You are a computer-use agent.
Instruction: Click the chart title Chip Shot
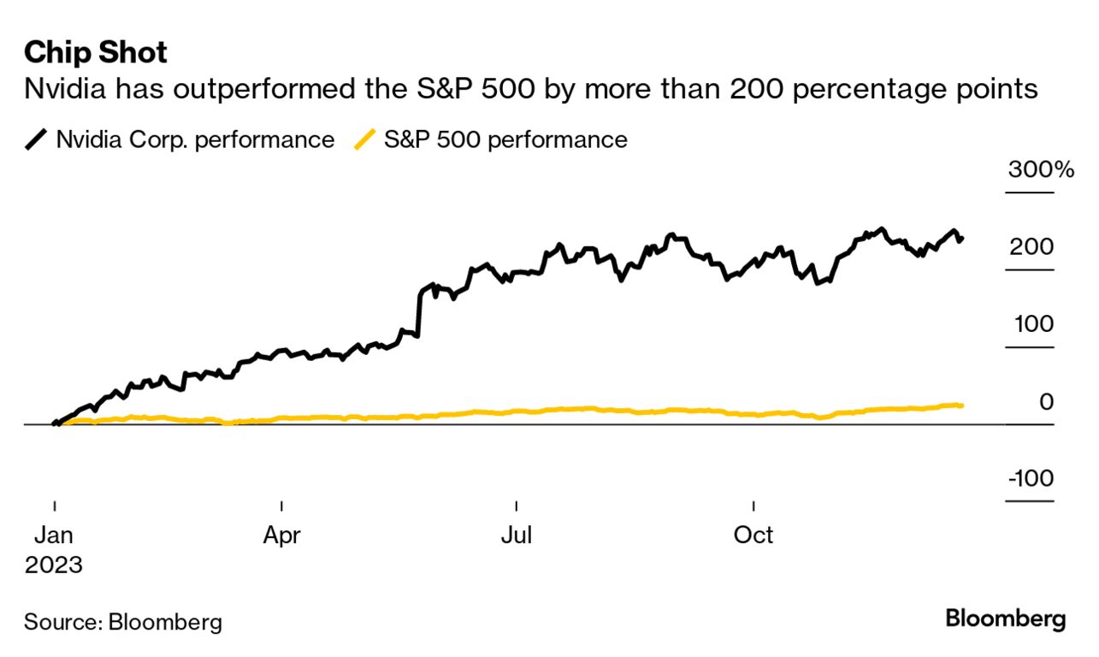click(x=96, y=52)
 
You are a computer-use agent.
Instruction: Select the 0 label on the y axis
click(x=1046, y=402)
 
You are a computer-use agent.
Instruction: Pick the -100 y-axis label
click(x=1030, y=479)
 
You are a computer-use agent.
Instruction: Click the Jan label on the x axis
click(x=54, y=536)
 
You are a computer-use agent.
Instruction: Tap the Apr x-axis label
click(x=281, y=536)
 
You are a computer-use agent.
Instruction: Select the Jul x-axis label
click(x=517, y=536)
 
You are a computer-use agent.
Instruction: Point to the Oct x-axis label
click(x=753, y=536)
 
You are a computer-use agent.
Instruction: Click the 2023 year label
click(x=53, y=565)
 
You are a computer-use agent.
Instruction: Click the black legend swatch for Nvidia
click(x=37, y=140)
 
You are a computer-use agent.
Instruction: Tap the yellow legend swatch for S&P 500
click(x=364, y=140)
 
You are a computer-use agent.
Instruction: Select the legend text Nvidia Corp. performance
click(x=195, y=140)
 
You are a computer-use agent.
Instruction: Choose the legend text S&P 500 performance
click(x=505, y=140)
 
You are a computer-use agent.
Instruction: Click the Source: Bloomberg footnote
click(x=122, y=622)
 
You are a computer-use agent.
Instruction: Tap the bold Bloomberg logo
click(x=1006, y=619)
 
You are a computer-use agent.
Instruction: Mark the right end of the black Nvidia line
click(x=962, y=239)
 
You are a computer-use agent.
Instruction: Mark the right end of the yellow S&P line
click(x=962, y=405)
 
